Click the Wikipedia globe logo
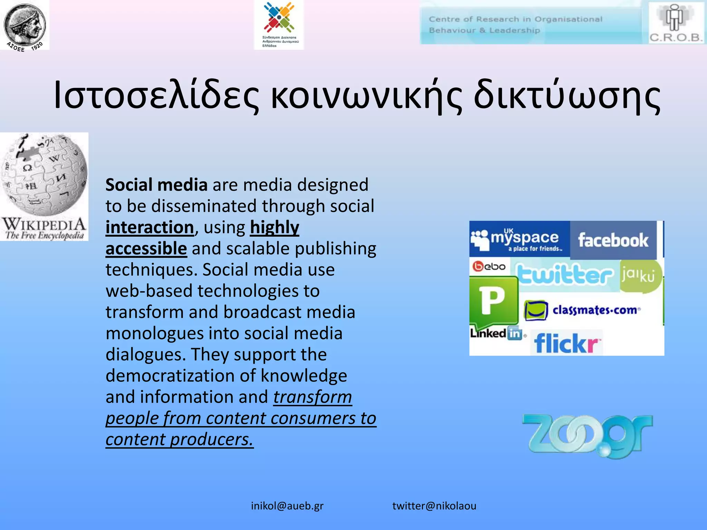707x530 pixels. (x=44, y=176)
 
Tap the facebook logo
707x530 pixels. (x=613, y=240)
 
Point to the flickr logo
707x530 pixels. (x=566, y=343)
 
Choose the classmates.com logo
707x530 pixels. (x=583, y=310)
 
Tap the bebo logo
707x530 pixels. (x=489, y=267)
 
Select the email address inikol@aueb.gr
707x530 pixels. (x=287, y=506)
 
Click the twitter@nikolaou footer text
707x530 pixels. (x=434, y=506)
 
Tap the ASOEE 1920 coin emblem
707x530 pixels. (x=25, y=25)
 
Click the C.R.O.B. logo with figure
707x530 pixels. (x=676, y=23)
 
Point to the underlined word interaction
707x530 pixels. (x=150, y=227)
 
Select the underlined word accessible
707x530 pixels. (x=146, y=248)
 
